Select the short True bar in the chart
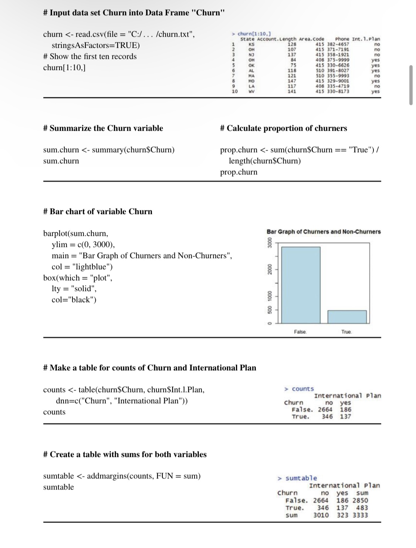pyautogui.click(x=347, y=317)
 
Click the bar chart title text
pyautogui.click(x=324, y=232)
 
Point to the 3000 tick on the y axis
pyautogui.click(x=270, y=245)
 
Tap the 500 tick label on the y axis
pyautogui.click(x=270, y=309)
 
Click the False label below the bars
pyautogui.click(x=300, y=332)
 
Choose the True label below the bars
pyautogui.click(x=346, y=332)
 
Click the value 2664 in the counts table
pyautogui.click(x=325, y=410)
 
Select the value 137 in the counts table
pyautogui.click(x=345, y=417)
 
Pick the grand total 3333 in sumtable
pyautogui.click(x=360, y=515)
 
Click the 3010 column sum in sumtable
pyautogui.click(x=321, y=515)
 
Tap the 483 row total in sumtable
pyautogui.click(x=362, y=508)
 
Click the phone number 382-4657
pyautogui.click(x=338, y=44)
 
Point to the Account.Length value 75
pyautogui.click(x=293, y=65)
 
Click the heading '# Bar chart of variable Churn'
pyautogui.click(x=98, y=211)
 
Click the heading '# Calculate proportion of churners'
pyautogui.click(x=283, y=128)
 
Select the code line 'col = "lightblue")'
pyautogui.click(x=82, y=267)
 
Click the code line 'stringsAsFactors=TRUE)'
pyautogui.click(x=96, y=46)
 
